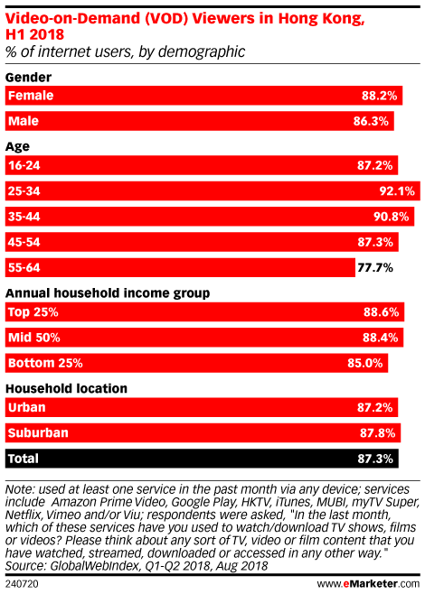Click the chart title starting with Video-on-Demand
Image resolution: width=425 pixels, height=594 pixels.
tap(184, 26)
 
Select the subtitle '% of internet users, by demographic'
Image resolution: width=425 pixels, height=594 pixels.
tap(125, 51)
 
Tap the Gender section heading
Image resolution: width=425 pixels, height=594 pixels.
tap(28, 78)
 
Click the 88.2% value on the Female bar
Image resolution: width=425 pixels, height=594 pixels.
tap(379, 96)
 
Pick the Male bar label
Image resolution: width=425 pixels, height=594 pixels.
tap(24, 121)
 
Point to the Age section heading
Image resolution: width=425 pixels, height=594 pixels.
tap(17, 146)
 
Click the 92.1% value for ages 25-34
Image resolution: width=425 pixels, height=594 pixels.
tap(397, 191)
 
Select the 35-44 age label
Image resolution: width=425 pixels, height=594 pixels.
tap(24, 217)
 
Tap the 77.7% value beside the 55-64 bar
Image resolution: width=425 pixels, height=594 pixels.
tap(375, 268)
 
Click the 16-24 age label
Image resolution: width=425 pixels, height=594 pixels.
tap(24, 165)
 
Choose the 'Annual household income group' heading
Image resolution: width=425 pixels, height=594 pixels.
tap(108, 293)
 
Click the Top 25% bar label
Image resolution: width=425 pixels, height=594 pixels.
tap(33, 312)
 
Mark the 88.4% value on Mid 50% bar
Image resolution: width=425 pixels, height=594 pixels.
tap(380, 337)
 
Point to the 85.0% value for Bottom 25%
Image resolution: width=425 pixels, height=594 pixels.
tap(365, 363)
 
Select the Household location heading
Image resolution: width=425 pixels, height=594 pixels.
tap(66, 389)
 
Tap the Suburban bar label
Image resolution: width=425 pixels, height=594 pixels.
tap(38, 432)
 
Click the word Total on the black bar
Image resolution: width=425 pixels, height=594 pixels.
tap(24, 459)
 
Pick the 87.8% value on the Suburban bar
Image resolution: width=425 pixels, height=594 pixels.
tap(378, 432)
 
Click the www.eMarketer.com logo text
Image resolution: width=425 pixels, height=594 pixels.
tap(368, 583)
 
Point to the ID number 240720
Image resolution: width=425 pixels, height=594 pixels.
tap(22, 584)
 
